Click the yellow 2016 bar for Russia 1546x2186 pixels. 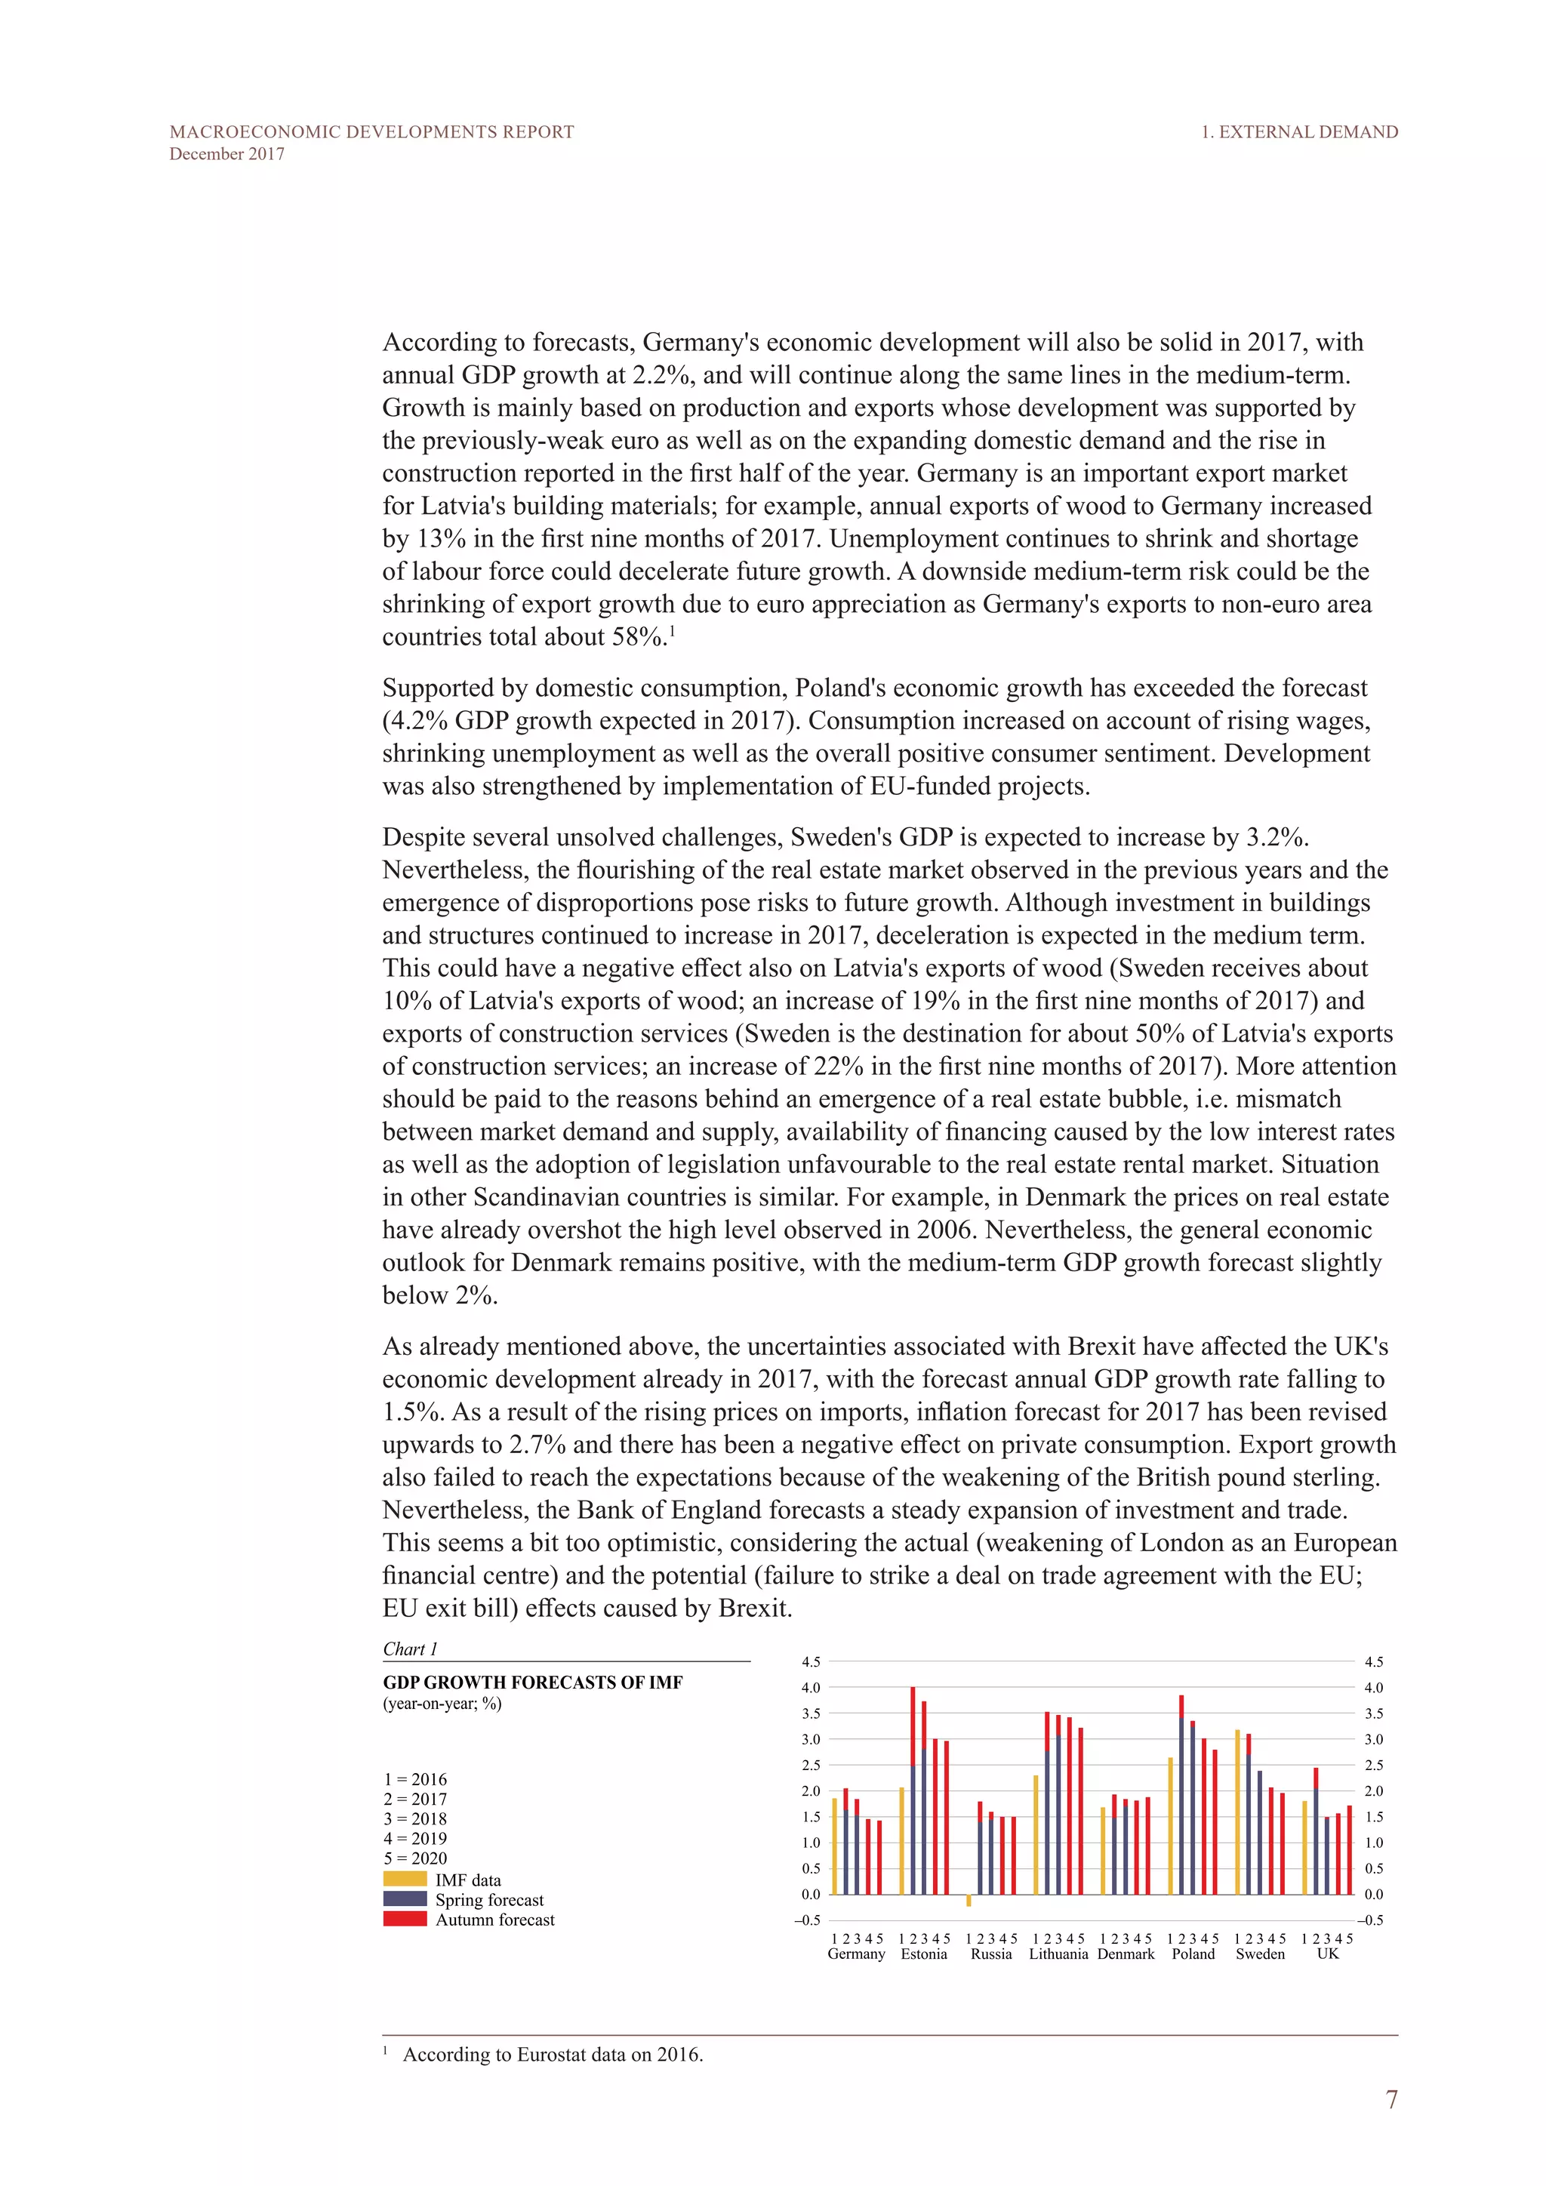[x=969, y=1899]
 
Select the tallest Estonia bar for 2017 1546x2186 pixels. [x=913, y=1790]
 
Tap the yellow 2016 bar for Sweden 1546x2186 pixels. [x=1237, y=1811]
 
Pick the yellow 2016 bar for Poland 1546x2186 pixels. [x=1170, y=1825]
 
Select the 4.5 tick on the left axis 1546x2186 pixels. [x=810, y=1661]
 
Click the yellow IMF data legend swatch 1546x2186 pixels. [x=405, y=1879]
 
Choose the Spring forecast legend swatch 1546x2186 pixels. [x=405, y=1898]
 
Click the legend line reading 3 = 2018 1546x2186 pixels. [x=415, y=1818]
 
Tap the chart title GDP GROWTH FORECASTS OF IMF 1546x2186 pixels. [x=532, y=1683]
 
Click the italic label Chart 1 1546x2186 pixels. [x=409, y=1649]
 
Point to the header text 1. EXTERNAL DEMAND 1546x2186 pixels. [x=1298, y=132]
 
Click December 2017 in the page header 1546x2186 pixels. [x=226, y=154]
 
